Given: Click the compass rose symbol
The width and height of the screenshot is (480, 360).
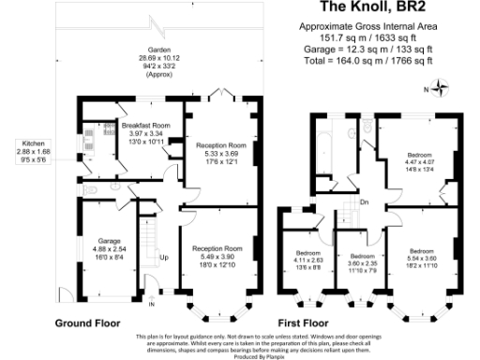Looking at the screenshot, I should [440, 89].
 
